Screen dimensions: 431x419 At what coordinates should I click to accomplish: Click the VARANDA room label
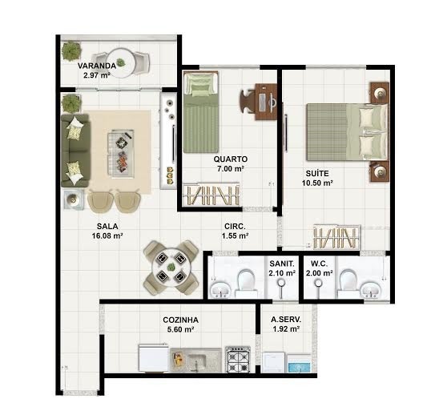[97, 66]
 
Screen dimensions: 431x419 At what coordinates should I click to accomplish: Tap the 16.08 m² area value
[107, 236]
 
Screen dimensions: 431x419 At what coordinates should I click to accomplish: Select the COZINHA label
[180, 320]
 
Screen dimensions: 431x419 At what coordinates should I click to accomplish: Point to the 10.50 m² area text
[317, 183]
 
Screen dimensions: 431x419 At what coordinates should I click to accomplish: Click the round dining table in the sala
[171, 267]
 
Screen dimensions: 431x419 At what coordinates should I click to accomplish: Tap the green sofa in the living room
[75, 151]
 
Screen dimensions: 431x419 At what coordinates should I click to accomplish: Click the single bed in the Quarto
[201, 112]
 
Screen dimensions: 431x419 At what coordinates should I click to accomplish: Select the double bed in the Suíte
[348, 132]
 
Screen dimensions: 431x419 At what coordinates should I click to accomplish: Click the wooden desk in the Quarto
[266, 102]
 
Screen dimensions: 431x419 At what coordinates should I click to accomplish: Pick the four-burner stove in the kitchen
[238, 359]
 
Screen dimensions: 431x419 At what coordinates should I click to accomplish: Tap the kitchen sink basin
[197, 360]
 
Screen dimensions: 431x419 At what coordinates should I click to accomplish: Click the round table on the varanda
[121, 63]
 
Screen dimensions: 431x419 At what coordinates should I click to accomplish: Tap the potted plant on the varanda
[71, 50]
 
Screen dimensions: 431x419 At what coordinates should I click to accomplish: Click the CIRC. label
[235, 226]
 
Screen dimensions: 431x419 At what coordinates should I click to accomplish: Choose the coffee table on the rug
[121, 155]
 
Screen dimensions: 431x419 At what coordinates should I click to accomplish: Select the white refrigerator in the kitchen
[153, 357]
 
